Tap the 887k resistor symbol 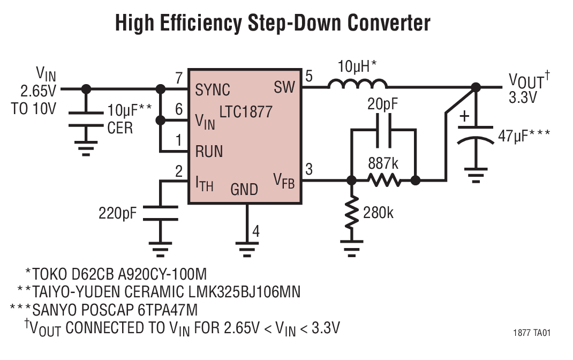click(384, 181)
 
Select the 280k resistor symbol click(351, 212)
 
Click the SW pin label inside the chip click(284, 86)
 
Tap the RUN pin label click(209, 152)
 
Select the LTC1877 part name click(246, 112)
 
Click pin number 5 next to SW click(309, 76)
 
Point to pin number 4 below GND click(256, 231)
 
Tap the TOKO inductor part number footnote click(116, 274)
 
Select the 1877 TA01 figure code click(531, 333)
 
